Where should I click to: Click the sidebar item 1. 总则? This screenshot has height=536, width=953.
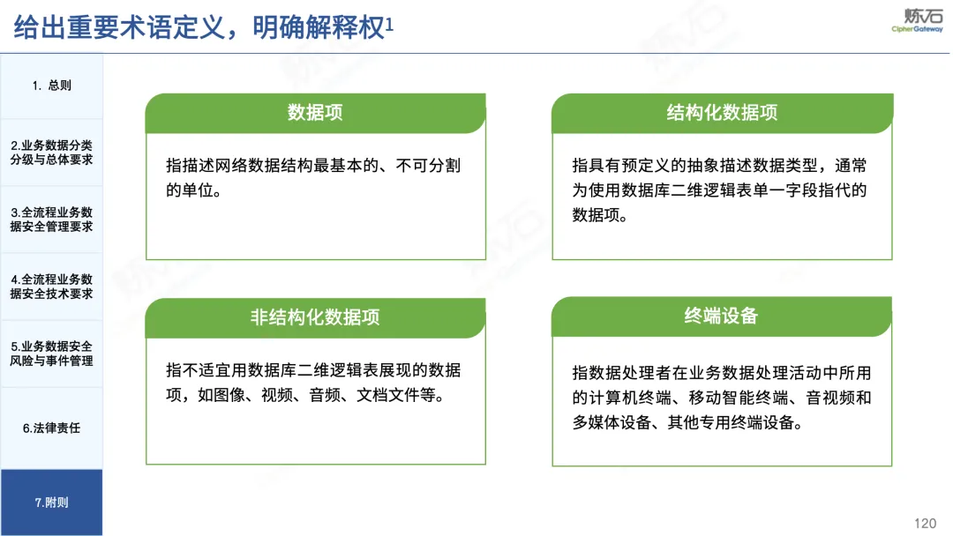[52, 86]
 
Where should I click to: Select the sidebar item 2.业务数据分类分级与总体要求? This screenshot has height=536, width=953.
[52, 153]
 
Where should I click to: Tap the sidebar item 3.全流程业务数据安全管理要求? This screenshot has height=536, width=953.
[52, 220]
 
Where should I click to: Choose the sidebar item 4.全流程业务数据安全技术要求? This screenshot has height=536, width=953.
[52, 287]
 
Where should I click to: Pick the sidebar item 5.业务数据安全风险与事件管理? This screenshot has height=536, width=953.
[52, 354]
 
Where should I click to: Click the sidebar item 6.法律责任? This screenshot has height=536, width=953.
[52, 428]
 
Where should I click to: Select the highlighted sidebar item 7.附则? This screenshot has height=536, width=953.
[52, 502]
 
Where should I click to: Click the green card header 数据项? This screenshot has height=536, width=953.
[315, 113]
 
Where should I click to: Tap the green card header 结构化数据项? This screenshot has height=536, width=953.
[722, 113]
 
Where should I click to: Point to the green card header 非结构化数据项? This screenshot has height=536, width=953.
[315, 317]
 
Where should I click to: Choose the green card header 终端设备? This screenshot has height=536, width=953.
[722, 316]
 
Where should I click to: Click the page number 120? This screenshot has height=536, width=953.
[925, 524]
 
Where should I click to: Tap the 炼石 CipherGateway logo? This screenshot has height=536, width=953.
[918, 19]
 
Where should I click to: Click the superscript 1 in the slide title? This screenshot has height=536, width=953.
[390, 24]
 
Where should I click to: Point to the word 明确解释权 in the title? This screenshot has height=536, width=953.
[319, 28]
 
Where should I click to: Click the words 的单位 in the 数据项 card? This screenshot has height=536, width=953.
[189, 190]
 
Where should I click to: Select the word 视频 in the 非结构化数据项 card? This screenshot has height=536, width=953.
[277, 395]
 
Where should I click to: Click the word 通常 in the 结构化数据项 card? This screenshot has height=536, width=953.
[851, 166]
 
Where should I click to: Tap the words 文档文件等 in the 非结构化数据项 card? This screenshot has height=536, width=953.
[395, 395]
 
